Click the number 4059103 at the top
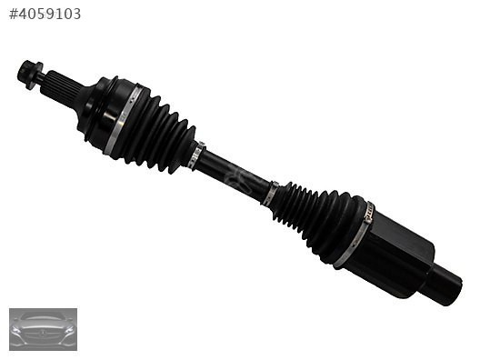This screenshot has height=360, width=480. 49,14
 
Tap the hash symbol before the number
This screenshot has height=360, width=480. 13,14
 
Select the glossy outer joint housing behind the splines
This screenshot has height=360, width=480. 103,109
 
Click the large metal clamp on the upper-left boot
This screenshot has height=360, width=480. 122,120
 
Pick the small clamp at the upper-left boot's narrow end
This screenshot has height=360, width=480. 195,156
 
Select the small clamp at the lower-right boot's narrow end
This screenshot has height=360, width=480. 271,193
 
